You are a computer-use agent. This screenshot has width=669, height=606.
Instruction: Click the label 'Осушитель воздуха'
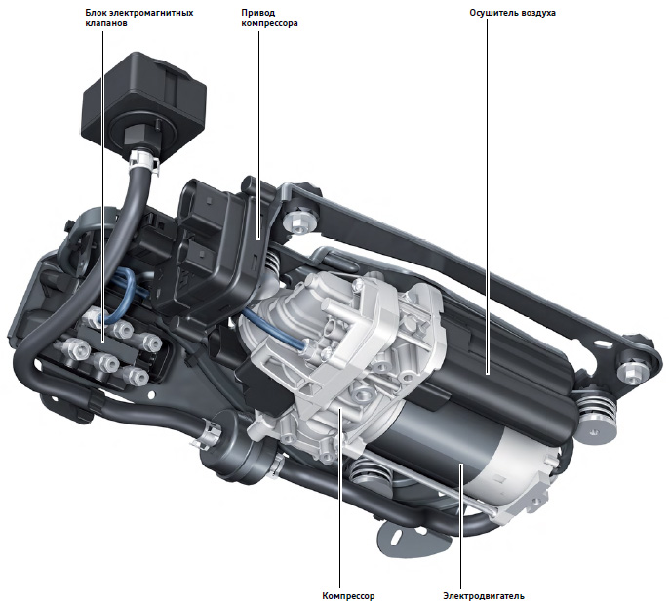pos(512,13)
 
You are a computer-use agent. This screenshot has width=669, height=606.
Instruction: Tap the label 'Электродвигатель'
pos(484,596)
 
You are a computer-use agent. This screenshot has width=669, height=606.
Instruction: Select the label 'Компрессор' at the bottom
pos(348,596)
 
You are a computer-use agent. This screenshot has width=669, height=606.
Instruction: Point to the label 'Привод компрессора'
pos(269,18)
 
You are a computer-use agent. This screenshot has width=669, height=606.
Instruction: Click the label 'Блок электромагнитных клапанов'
pos(139,18)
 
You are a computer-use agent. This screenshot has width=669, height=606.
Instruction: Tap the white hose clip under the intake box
pos(144,160)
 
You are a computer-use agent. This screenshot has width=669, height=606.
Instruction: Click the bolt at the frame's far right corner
pos(631,373)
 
